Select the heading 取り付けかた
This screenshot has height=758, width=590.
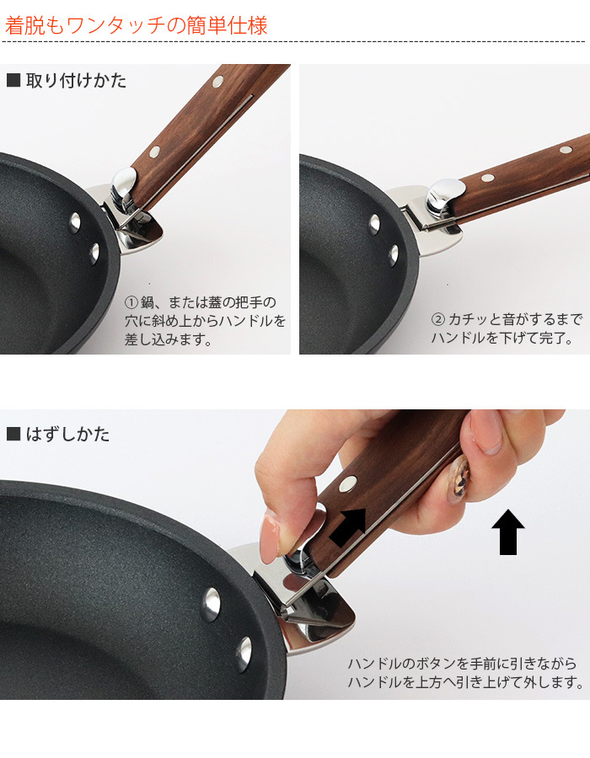click(x=76, y=81)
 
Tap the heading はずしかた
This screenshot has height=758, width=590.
click(x=67, y=435)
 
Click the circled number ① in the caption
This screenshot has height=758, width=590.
click(x=131, y=302)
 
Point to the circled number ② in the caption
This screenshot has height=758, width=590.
click(x=437, y=321)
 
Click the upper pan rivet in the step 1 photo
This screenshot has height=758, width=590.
click(x=75, y=221)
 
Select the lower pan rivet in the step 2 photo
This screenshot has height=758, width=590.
click(x=393, y=254)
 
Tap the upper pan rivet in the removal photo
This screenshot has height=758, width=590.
click(x=210, y=604)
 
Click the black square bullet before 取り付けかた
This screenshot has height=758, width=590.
click(x=13, y=81)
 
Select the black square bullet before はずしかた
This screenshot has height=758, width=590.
click(x=13, y=435)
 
